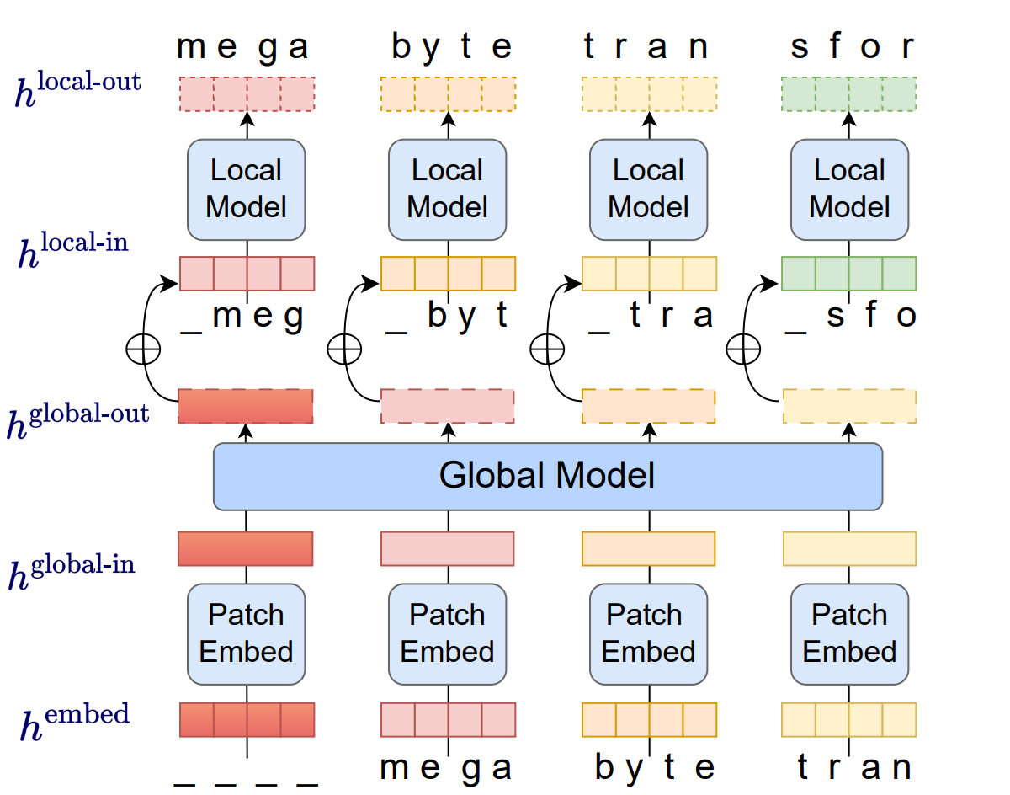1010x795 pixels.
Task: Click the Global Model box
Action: pos(547,476)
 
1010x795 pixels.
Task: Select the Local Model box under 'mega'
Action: pos(246,189)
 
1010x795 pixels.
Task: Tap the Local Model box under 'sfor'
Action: pos(849,189)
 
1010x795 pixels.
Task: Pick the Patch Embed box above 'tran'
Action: pos(849,633)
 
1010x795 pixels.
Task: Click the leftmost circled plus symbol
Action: pos(141,348)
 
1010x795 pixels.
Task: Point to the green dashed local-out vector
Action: pos(848,93)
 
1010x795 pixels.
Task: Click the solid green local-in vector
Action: pos(848,274)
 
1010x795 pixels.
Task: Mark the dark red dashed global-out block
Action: pos(246,406)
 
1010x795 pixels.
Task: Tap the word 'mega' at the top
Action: pos(243,48)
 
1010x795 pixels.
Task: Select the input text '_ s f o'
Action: pos(849,317)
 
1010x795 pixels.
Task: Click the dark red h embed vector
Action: pos(247,720)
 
